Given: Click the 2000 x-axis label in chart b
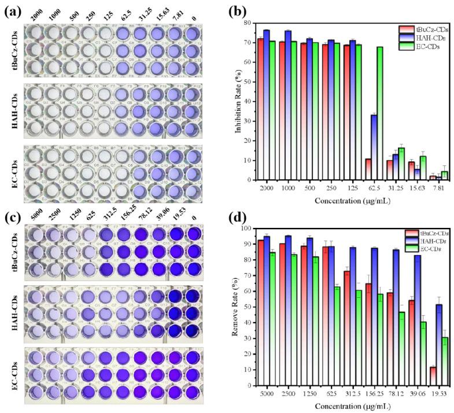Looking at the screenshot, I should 267,189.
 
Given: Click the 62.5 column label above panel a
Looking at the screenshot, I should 126,13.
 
